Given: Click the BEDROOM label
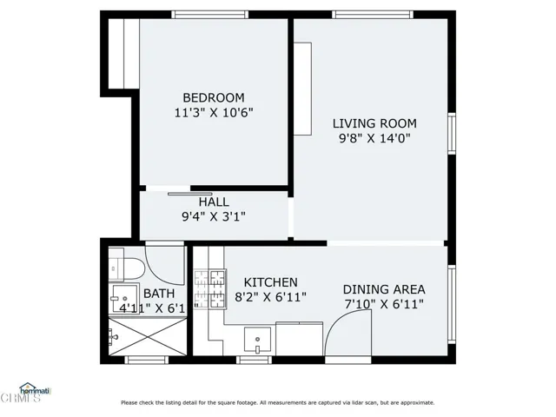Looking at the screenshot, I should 213,97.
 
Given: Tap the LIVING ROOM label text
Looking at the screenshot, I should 374,123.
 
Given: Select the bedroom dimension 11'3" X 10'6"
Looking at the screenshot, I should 213,112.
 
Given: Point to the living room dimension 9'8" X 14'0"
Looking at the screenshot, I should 374,138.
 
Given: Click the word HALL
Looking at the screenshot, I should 214,202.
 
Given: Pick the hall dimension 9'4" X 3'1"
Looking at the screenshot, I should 214,216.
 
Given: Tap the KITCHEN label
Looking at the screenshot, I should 270,282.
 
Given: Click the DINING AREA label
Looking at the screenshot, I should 383,289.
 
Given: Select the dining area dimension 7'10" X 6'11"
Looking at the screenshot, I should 383,304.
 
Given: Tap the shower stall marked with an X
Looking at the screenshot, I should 122,335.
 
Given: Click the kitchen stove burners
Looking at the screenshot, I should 209,290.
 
